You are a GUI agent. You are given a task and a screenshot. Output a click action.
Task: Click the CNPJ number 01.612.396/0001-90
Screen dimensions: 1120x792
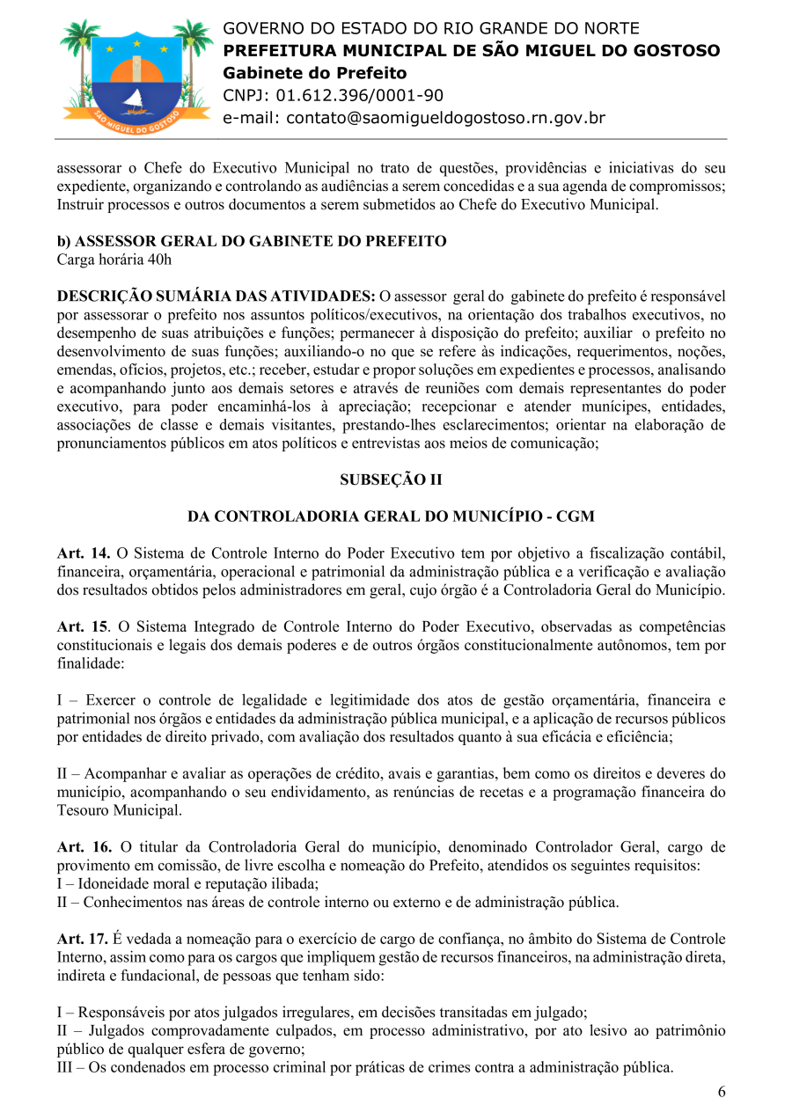(360, 96)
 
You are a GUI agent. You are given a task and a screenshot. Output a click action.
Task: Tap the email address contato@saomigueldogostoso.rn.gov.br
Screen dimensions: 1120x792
(414, 118)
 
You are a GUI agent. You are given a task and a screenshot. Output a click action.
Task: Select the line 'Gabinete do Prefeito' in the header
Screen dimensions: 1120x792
(314, 73)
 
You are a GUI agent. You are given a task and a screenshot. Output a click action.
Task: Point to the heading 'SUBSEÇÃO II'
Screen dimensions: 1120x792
(391, 480)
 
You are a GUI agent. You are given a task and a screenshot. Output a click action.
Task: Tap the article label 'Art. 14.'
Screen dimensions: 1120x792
(84, 553)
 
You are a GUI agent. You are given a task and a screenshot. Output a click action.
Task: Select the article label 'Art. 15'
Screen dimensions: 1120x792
(82, 626)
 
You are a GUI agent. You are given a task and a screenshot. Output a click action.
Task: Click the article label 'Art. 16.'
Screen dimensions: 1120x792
(84, 847)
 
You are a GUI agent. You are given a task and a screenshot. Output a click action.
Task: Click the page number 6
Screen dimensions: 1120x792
(722, 1093)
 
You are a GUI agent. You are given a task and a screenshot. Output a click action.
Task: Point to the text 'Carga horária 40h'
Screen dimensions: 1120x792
(114, 260)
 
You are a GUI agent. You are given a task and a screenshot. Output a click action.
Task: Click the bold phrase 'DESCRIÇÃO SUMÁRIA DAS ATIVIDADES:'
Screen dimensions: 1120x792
(216, 296)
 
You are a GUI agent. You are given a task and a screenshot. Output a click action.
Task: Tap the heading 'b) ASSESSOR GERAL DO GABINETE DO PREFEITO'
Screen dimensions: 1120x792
(252, 241)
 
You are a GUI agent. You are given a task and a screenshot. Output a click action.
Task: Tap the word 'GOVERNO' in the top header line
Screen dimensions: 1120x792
(261, 29)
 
